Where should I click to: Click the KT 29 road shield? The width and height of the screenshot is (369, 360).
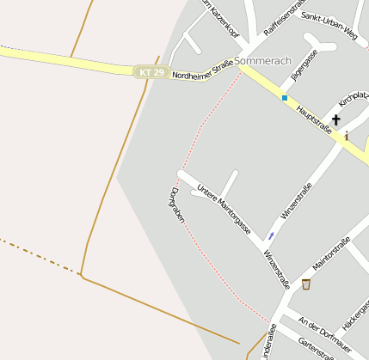[x=151, y=73]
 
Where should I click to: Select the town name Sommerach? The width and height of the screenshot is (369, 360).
[x=263, y=62]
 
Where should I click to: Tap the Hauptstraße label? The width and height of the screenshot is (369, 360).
[x=313, y=119]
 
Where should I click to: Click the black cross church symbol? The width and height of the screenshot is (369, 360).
[x=335, y=120]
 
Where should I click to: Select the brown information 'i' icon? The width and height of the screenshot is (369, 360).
[x=346, y=137]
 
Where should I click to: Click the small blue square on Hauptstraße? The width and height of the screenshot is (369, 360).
[x=284, y=98]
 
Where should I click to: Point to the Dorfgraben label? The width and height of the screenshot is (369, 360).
[x=177, y=204]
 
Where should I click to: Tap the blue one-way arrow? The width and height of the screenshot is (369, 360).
[x=270, y=235]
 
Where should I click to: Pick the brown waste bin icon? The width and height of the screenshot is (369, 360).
[x=306, y=284]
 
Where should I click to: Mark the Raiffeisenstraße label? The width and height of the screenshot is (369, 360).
[x=285, y=17]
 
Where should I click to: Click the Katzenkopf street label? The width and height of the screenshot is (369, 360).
[x=220, y=15]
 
